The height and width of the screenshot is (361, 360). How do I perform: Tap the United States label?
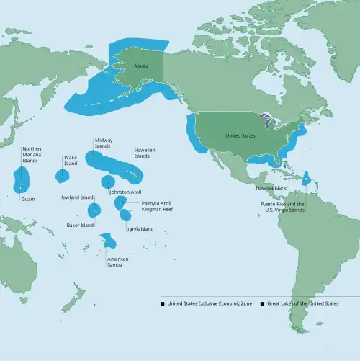(x=240, y=135)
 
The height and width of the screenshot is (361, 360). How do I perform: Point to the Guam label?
(x=28, y=199)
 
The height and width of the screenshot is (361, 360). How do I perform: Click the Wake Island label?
(x=70, y=160)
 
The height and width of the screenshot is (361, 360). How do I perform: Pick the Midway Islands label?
(x=102, y=143)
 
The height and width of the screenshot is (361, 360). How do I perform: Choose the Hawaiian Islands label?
(x=142, y=153)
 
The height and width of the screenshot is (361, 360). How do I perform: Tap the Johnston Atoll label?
(x=125, y=192)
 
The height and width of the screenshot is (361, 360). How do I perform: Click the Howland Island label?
(x=77, y=197)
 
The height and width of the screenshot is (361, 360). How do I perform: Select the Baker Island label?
(x=81, y=226)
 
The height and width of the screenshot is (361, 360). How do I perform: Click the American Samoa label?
(x=118, y=262)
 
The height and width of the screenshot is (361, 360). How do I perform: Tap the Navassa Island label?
(x=271, y=187)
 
